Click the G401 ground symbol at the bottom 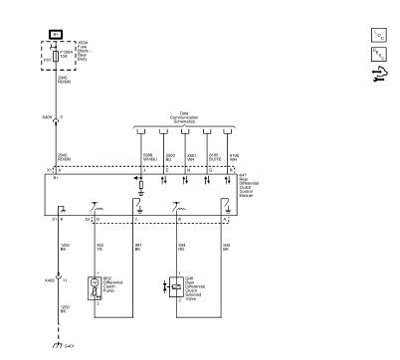pyautogui.click(x=58, y=344)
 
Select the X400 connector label pyautogui.click(x=44, y=281)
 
